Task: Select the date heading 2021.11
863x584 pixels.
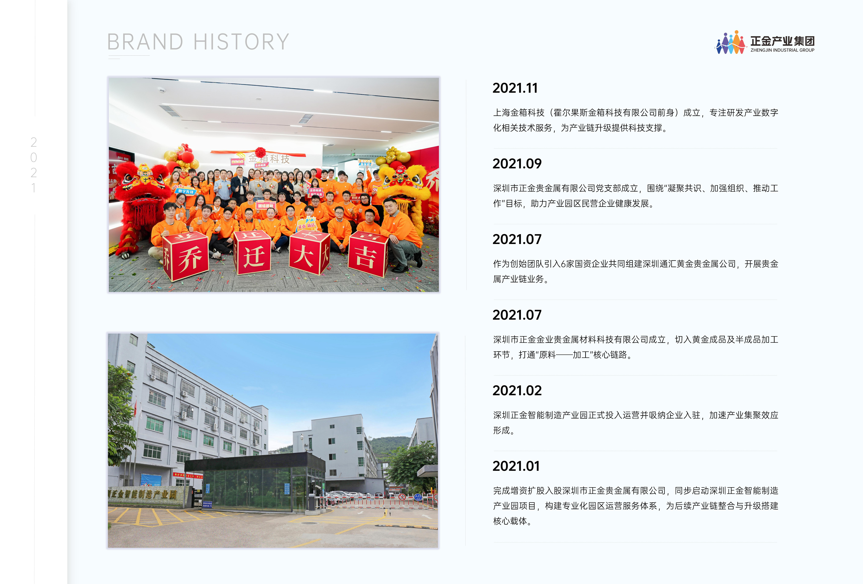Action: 515,88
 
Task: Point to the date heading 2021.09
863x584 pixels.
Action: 517,164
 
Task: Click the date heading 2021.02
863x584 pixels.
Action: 517,391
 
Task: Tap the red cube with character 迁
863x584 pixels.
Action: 252,252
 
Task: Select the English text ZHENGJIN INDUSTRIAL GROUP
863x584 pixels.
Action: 782,50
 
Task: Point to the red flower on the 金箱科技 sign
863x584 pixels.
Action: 260,152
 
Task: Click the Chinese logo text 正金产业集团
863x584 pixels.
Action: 782,41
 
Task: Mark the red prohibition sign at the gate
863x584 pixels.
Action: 401,497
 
